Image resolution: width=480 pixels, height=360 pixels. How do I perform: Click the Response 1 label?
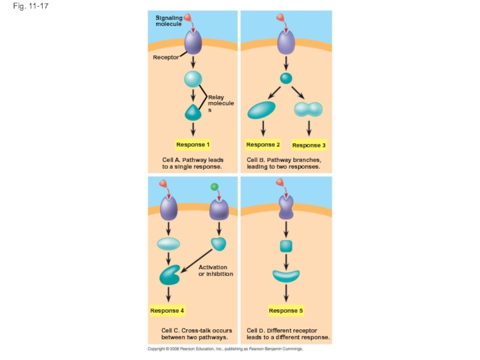[x=193, y=145]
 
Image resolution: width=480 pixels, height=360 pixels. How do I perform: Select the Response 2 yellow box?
[x=263, y=145]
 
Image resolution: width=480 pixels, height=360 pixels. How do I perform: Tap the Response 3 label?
[x=309, y=145]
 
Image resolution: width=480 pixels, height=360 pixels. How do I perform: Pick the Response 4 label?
[x=167, y=311]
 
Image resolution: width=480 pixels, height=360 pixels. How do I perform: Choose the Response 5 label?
[x=286, y=311]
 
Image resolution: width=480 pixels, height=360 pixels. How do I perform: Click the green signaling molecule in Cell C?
[x=215, y=187]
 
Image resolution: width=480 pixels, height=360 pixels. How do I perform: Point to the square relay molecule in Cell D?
[x=286, y=246]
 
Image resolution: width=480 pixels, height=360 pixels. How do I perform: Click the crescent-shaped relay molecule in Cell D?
[x=286, y=277]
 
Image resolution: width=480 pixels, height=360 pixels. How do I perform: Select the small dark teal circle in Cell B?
[x=286, y=78]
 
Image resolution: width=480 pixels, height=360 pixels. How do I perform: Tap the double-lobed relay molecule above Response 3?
[x=308, y=109]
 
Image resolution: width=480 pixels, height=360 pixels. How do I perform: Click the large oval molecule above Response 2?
[x=262, y=110]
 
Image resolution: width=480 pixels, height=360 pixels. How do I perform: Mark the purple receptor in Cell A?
[x=193, y=42]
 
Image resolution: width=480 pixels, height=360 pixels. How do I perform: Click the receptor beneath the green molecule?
[x=219, y=209]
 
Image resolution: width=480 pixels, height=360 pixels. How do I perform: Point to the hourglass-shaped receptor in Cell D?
[x=286, y=207]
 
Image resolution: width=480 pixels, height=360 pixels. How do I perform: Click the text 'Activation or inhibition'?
[x=215, y=271]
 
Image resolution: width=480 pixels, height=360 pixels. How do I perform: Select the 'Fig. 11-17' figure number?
[x=31, y=6]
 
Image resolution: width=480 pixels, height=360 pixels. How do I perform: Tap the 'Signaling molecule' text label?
[x=169, y=21]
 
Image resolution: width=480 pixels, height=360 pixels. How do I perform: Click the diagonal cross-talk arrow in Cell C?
[x=196, y=261]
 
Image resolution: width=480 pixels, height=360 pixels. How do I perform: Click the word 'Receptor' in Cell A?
[x=166, y=57]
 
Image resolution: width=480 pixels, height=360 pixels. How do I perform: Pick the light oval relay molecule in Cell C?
[x=169, y=244]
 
